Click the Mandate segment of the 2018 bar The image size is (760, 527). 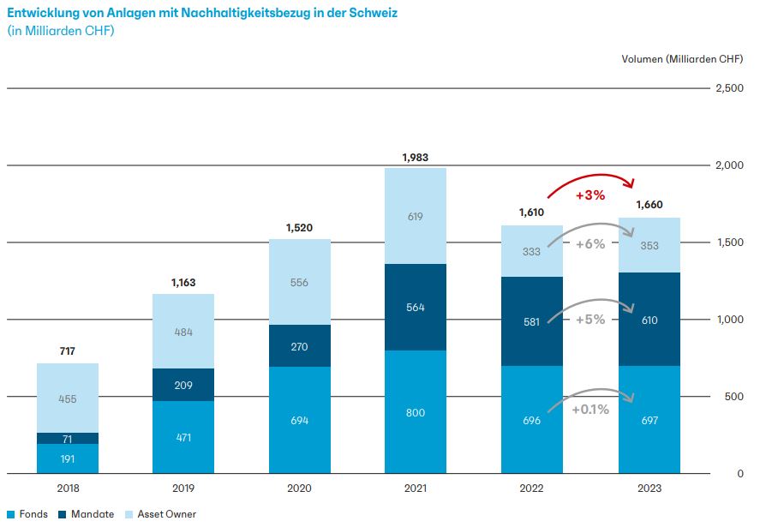tap(68, 439)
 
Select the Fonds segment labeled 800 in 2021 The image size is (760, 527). tap(415, 412)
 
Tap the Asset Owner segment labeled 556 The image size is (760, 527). tap(299, 283)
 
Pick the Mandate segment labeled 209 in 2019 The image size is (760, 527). tap(183, 385)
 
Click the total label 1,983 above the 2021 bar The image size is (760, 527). tap(415, 158)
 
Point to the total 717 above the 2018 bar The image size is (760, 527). tap(68, 351)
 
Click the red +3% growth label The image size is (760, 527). tap(589, 195)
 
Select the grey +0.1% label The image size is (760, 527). tap(589, 410)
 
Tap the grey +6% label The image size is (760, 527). tap(589, 244)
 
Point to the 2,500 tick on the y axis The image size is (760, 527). tap(728, 89)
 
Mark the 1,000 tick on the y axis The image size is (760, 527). tap(728, 320)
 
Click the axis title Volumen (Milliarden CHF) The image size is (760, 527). tap(682, 59)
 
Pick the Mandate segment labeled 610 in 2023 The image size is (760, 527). tap(649, 320)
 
